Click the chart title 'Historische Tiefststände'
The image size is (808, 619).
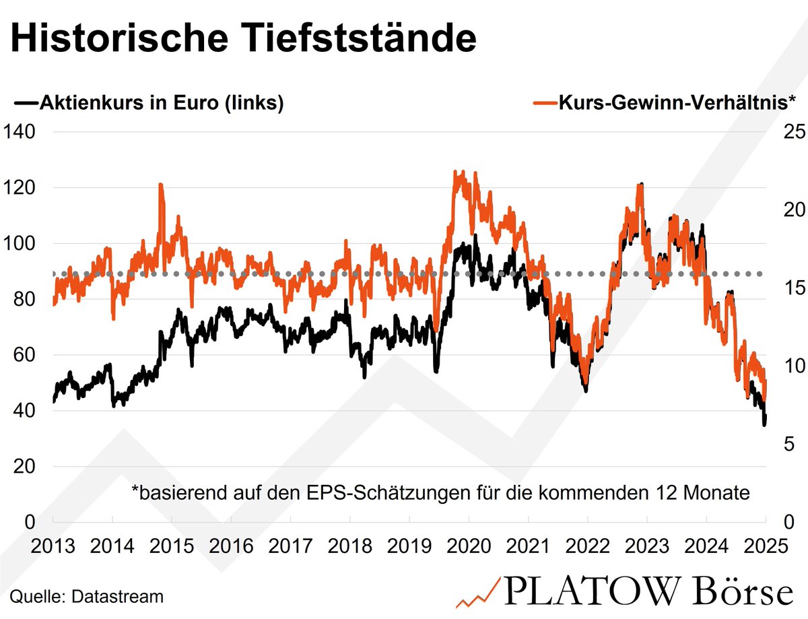[244, 40]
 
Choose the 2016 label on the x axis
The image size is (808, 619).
[230, 546]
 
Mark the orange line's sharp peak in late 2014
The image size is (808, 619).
[161, 185]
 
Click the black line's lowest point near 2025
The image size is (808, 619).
[764, 424]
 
